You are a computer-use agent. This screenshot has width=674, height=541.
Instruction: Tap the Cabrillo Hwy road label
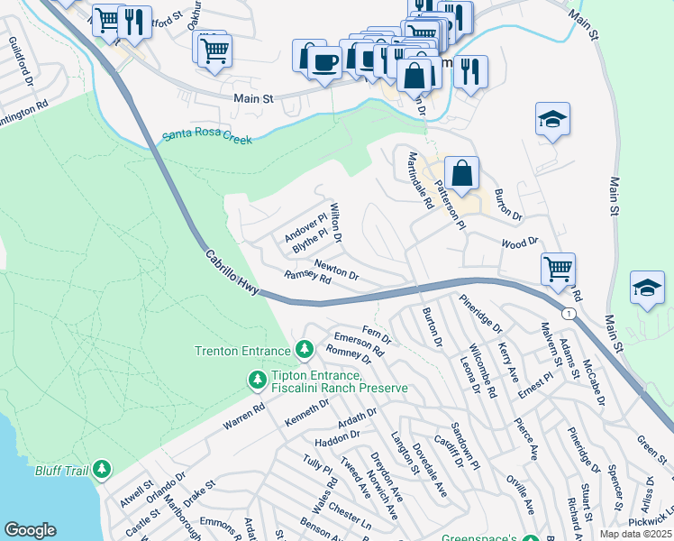[x=233, y=274]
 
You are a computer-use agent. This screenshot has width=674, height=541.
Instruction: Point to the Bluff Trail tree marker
[x=103, y=468]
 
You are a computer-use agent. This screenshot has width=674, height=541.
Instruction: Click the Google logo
[x=30, y=530]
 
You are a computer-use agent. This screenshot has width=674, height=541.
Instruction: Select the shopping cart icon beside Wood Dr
[x=558, y=267]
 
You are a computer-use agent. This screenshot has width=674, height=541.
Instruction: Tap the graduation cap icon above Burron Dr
[x=552, y=118]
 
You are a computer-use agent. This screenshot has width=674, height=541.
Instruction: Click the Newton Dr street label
[x=337, y=268]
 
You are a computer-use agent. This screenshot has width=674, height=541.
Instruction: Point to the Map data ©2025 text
[x=634, y=534]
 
